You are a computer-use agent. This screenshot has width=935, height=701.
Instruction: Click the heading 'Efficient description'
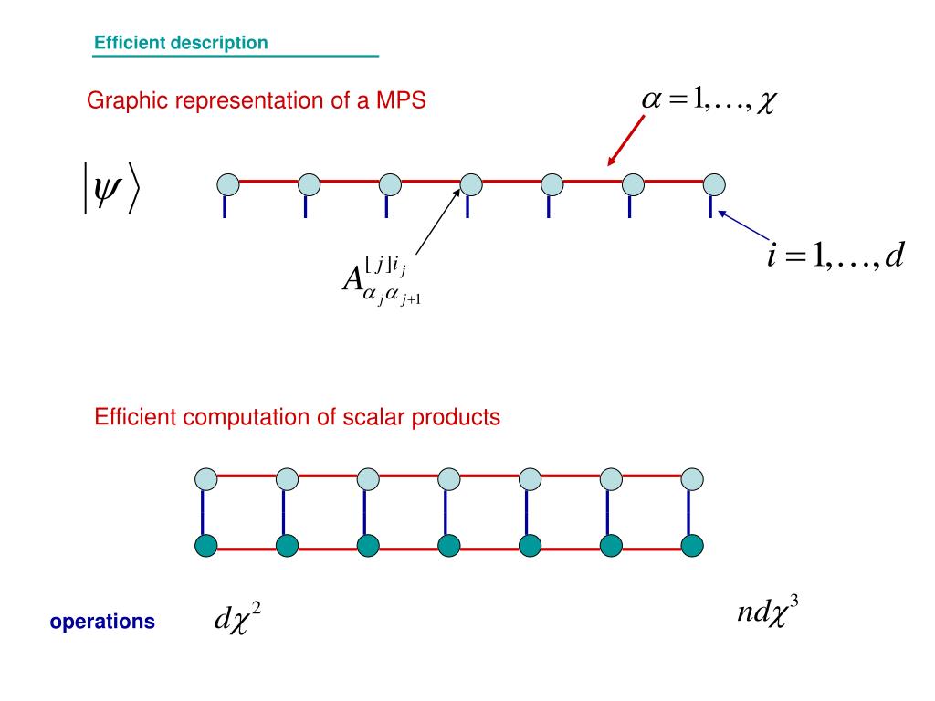181,43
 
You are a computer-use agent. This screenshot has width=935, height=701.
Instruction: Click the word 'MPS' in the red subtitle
401,101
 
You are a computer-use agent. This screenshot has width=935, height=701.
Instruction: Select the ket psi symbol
108,187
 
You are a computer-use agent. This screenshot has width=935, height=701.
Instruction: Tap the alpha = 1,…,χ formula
708,100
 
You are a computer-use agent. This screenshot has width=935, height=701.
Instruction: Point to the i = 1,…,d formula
835,257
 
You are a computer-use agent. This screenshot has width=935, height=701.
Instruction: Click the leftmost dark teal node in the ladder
206,546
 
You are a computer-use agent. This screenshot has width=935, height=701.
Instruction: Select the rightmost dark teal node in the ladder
692,546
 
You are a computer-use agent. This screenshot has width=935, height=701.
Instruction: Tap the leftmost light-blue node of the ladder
206,478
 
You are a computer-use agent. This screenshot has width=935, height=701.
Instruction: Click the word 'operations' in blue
102,623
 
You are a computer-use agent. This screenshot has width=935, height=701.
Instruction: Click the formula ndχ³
768,611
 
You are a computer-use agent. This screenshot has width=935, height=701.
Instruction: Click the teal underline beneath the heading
235,57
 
